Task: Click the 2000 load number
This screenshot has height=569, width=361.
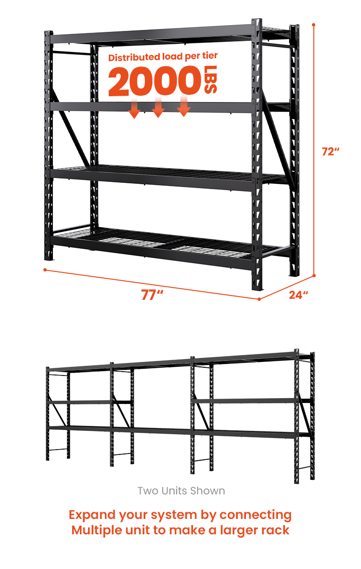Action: point(155,80)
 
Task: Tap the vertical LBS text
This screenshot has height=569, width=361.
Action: point(211,79)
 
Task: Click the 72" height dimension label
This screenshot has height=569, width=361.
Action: point(330,151)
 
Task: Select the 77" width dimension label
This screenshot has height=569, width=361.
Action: point(152,295)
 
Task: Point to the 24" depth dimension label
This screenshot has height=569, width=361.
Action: point(298,295)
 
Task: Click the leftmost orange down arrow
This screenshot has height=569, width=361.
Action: point(135,108)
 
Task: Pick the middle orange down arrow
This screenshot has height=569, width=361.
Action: point(158,107)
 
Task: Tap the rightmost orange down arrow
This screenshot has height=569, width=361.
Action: point(183,106)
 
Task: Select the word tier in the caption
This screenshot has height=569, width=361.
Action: point(210,55)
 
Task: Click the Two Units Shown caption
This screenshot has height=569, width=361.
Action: point(181,491)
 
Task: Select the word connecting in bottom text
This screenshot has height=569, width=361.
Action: point(256,516)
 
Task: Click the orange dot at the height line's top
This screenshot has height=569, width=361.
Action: point(314,25)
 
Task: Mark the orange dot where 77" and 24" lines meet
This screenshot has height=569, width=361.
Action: point(259,299)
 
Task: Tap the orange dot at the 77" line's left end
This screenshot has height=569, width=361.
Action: point(45,270)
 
